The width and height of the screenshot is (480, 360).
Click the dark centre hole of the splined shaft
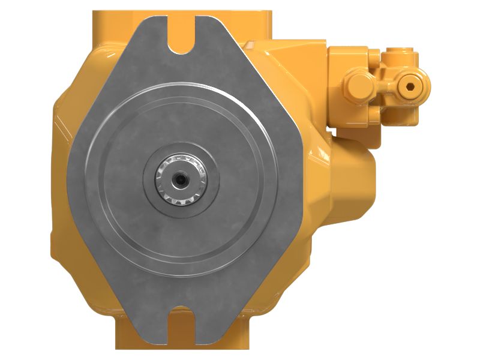coord(180,178)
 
